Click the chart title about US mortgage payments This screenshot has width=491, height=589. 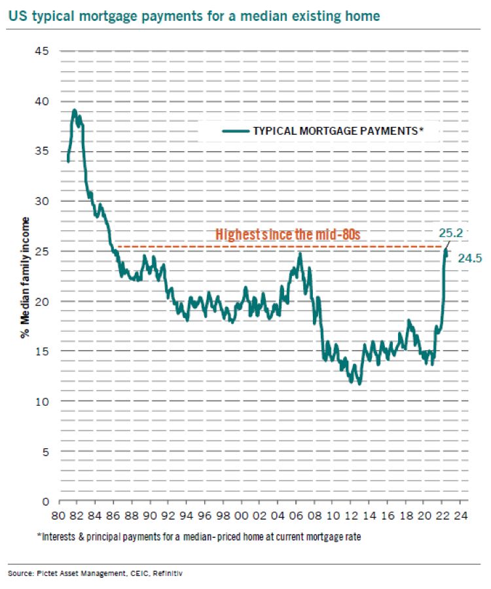[194, 15]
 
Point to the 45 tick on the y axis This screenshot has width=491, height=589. [41, 51]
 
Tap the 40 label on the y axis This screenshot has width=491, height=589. [41, 101]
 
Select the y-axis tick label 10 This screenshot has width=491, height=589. [41, 401]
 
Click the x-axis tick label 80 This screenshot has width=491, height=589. [61, 514]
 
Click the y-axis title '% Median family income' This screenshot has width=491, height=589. [25, 276]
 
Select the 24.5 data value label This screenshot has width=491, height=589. [469, 259]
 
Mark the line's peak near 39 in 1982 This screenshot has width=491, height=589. [75, 110]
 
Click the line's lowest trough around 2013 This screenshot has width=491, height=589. [359, 384]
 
